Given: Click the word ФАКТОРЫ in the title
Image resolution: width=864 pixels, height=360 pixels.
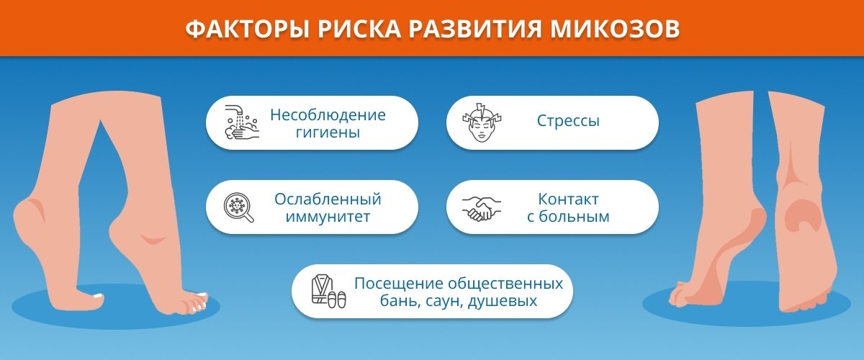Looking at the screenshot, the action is tap(248, 30).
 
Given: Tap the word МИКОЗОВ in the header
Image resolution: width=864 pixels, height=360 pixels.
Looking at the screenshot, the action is tap(614, 30).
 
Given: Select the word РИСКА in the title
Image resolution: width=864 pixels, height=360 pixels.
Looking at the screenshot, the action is tap(359, 30).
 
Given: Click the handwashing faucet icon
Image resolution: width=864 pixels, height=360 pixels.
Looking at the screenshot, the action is tap(241, 122).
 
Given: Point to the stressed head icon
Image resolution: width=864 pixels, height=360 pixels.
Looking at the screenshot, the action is tap(482, 122).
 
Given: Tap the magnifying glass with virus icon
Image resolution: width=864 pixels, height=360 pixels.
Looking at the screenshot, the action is tap(239, 207).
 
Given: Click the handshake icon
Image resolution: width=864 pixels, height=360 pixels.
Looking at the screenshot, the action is tap(482, 208).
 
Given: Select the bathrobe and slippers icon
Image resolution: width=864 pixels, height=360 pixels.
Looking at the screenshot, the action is tap(328, 292).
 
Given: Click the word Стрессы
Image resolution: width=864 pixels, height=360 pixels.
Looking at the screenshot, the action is tap(568, 121).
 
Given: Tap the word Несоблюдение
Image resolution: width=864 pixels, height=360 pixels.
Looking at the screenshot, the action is tap(328, 114).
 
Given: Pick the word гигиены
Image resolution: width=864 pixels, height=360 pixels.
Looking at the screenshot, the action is tap(328, 132).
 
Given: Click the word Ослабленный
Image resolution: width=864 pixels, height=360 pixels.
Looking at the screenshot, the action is tap(328, 199).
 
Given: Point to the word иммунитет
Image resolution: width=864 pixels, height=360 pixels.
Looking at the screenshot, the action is tap(328, 217).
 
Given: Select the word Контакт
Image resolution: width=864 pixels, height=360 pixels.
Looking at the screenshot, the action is tap(568, 199).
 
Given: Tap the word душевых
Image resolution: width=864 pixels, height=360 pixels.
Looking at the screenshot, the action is tap(503, 300).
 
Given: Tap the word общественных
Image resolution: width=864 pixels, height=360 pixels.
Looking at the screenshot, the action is tap(506, 284).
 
